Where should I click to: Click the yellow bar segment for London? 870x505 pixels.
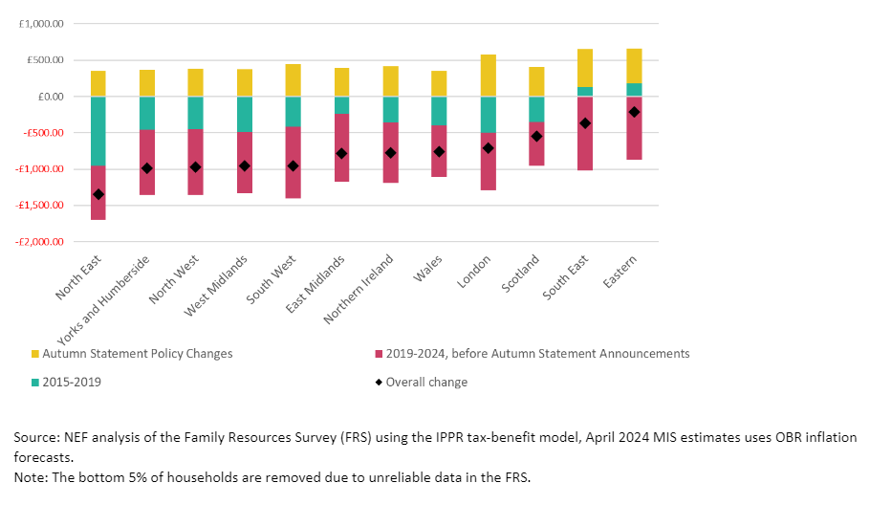[x=488, y=76]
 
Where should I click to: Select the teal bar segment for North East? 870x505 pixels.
[x=98, y=131]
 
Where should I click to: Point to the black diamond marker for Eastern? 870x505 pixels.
[x=634, y=112]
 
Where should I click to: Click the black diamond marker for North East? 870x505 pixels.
[x=98, y=194]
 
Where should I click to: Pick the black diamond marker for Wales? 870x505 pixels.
[x=439, y=151]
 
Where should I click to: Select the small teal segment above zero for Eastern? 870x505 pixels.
[x=634, y=90]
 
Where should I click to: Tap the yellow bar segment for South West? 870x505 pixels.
[x=293, y=80]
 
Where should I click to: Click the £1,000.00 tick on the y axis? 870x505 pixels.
[x=41, y=24]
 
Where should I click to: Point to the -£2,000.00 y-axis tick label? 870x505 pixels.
[x=39, y=242]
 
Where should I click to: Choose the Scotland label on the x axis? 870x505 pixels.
[x=521, y=275]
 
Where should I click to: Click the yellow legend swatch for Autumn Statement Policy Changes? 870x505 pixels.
[x=35, y=354]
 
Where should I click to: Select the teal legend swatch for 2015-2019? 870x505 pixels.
[x=35, y=383]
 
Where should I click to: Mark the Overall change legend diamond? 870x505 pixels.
[x=378, y=383]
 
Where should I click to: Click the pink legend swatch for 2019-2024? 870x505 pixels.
[x=378, y=354]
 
